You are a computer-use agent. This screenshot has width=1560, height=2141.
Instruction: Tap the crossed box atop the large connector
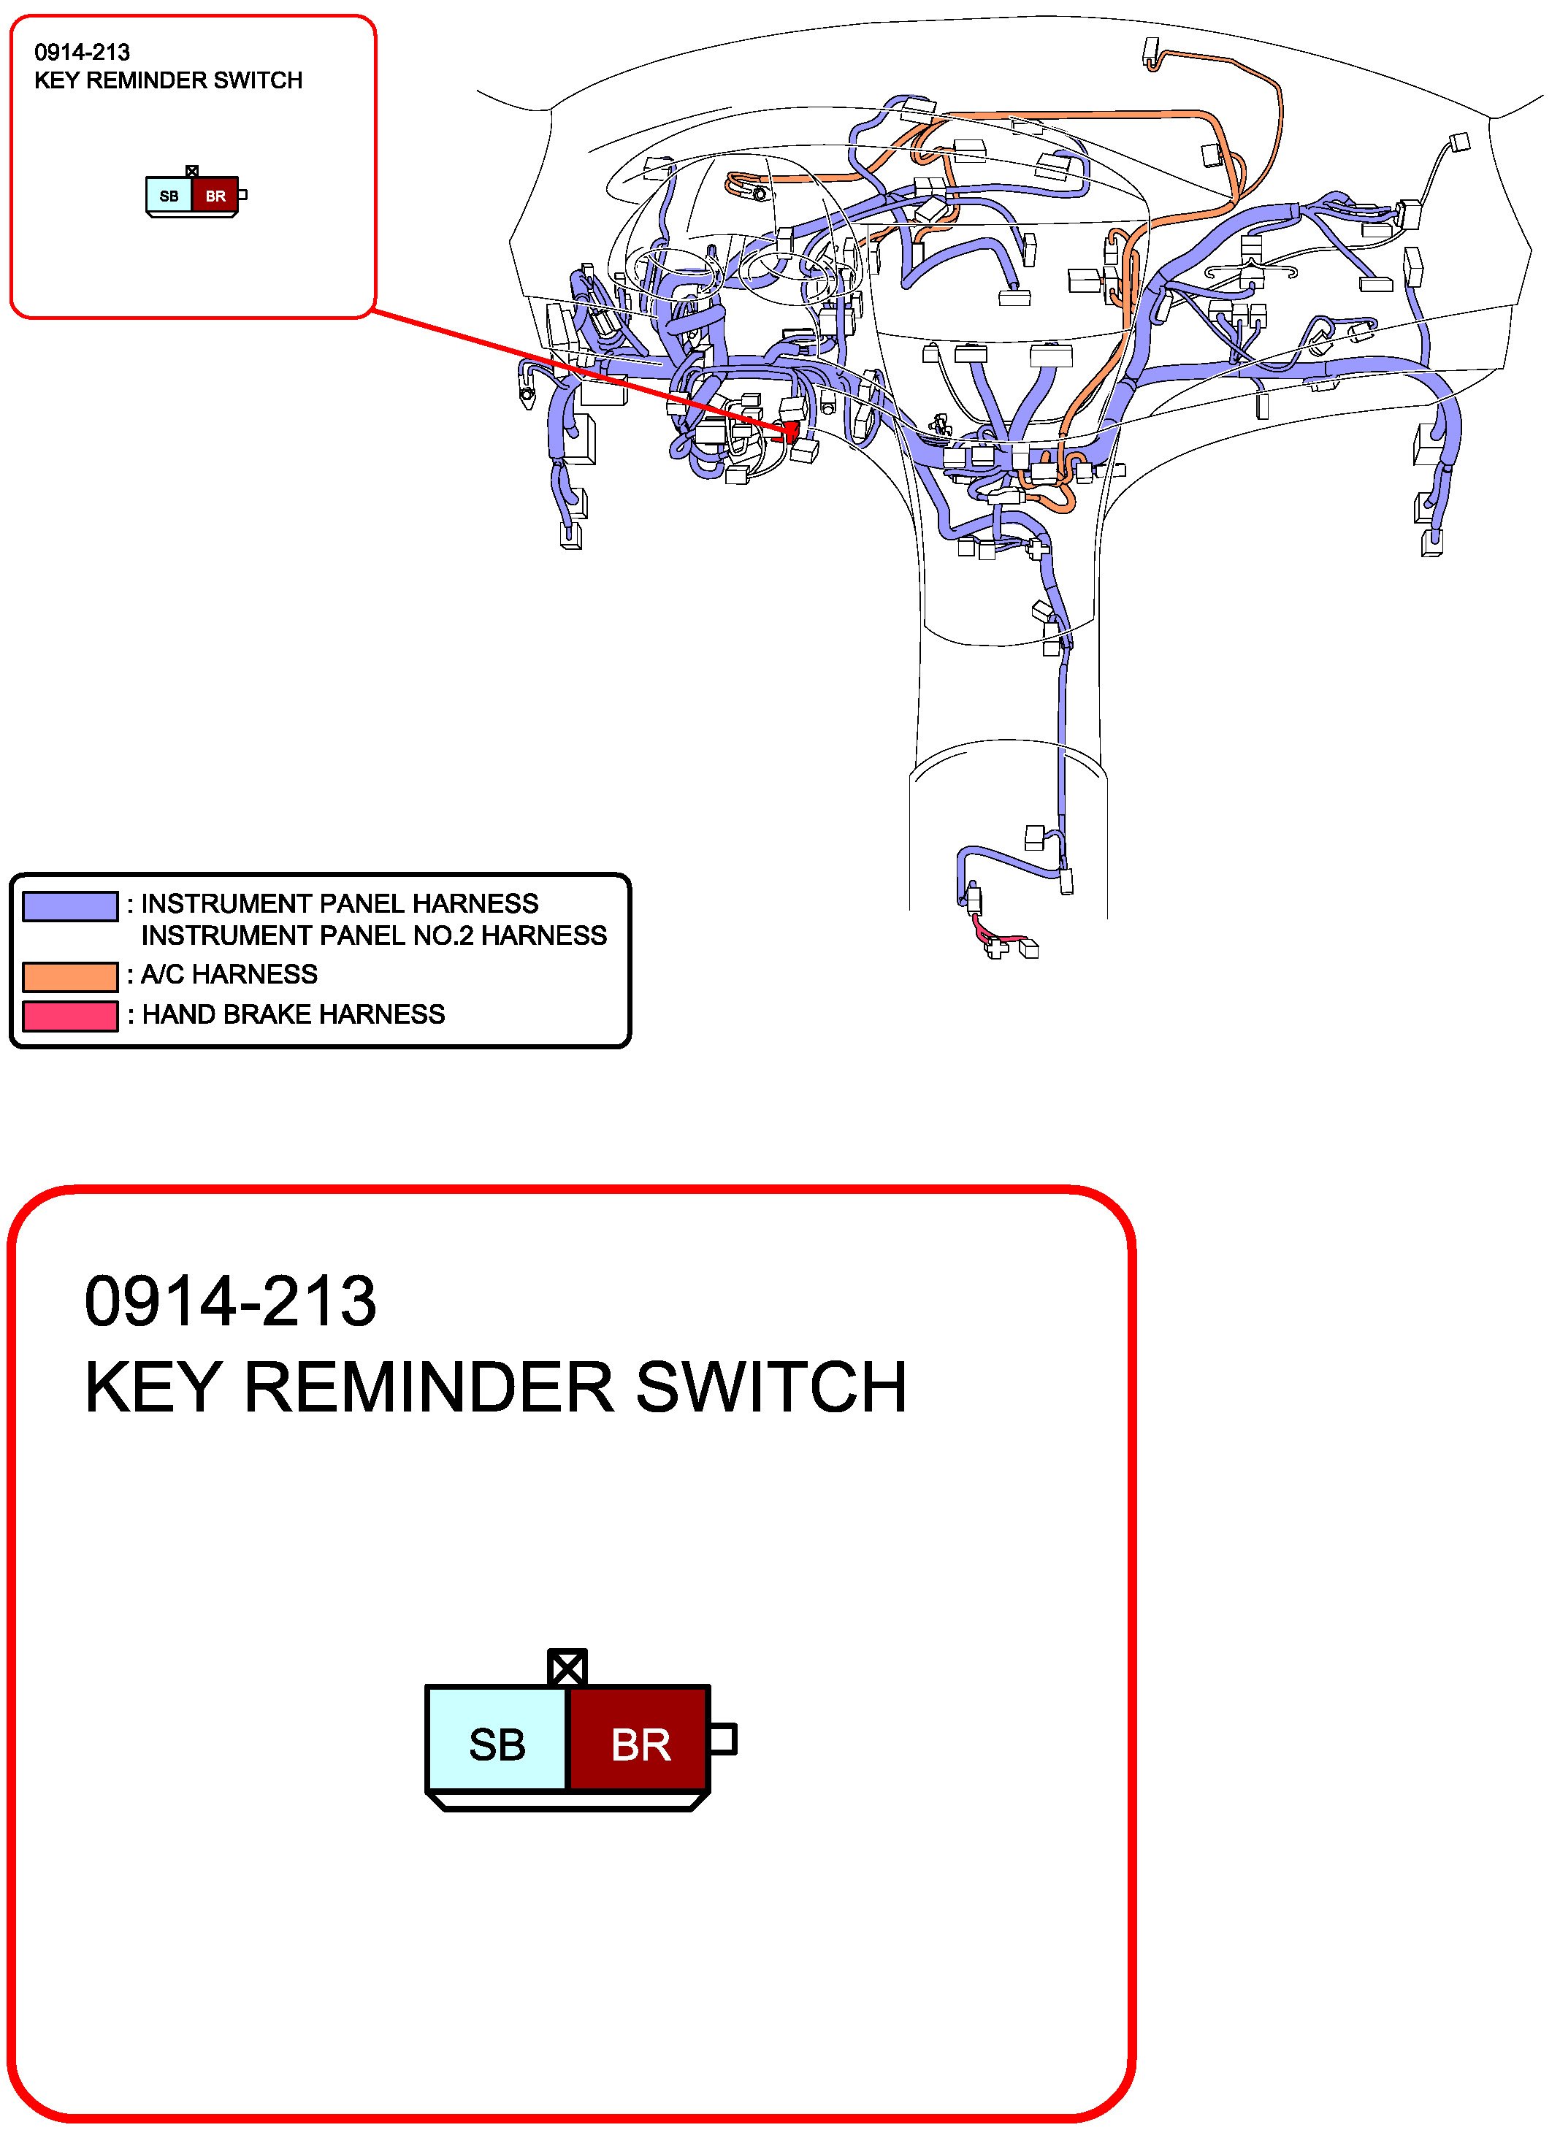[x=567, y=1668]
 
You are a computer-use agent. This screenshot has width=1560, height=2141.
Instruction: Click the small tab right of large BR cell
[x=722, y=1739]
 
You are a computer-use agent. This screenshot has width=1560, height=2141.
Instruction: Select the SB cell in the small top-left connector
[x=169, y=196]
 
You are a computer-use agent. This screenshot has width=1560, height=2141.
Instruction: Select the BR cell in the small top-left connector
[x=215, y=196]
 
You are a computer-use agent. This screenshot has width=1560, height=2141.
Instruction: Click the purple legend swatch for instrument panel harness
[x=70, y=905]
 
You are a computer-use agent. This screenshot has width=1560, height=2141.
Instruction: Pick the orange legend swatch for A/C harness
[x=70, y=976]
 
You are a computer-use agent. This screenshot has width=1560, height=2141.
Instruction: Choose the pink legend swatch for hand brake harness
[x=70, y=1016]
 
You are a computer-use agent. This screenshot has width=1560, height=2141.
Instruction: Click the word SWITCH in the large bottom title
[x=771, y=1387]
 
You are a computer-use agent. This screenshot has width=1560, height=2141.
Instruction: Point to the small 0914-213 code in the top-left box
[x=82, y=52]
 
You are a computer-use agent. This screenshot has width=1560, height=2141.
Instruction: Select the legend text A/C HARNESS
[x=229, y=974]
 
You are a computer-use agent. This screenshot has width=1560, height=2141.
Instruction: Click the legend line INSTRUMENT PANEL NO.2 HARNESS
[x=374, y=935]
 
